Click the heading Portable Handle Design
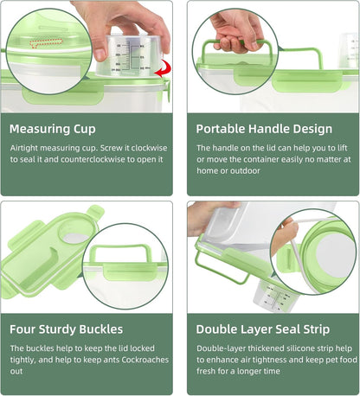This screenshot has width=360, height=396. click(x=264, y=129)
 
